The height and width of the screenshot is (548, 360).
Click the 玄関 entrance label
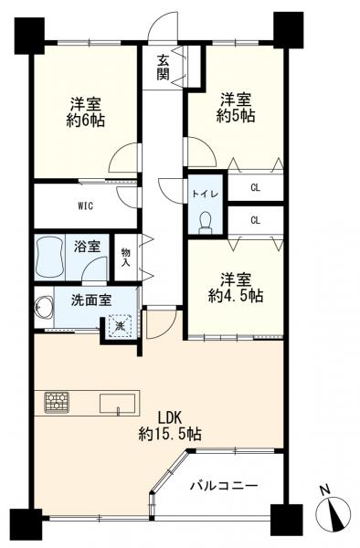click(163, 68)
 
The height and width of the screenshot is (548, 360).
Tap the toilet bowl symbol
click(206, 222)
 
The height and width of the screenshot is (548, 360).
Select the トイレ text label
click(206, 195)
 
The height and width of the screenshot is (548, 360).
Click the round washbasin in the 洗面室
click(44, 307)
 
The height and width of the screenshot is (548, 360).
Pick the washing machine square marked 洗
click(120, 326)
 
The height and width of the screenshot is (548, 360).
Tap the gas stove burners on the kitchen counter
click(57, 402)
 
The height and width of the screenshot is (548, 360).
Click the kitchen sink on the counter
click(118, 404)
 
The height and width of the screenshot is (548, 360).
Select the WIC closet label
click(85, 206)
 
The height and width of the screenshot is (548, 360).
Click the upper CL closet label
click(256, 187)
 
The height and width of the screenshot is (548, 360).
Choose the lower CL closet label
click(256, 220)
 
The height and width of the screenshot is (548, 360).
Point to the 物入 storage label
click(125, 257)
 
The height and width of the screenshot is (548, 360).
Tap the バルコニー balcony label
click(224, 486)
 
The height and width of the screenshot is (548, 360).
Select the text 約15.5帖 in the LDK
click(170, 435)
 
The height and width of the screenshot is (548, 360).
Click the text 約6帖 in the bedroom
click(86, 121)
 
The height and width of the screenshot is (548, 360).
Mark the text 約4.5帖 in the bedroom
click(236, 296)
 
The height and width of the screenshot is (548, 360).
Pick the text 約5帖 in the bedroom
click(236, 116)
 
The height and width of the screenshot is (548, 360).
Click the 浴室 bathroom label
click(87, 247)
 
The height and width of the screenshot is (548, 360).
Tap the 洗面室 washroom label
click(91, 300)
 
